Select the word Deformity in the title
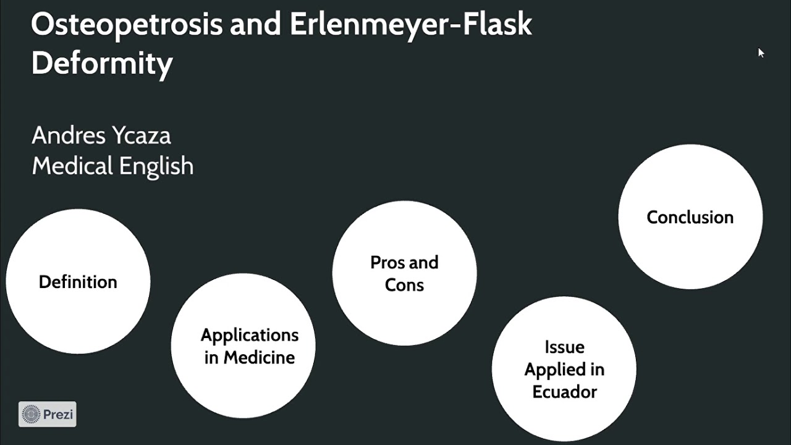tap(102, 64)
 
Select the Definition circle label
tap(78, 282)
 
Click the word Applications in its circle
tap(250, 335)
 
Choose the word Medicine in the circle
tap(259, 357)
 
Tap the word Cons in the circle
tap(404, 285)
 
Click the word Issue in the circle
tap(564, 347)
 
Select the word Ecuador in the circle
tap(564, 392)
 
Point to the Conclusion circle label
tap(690, 218)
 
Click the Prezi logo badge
tap(48, 414)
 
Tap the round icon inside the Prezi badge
tap(31, 414)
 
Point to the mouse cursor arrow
tap(761, 53)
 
